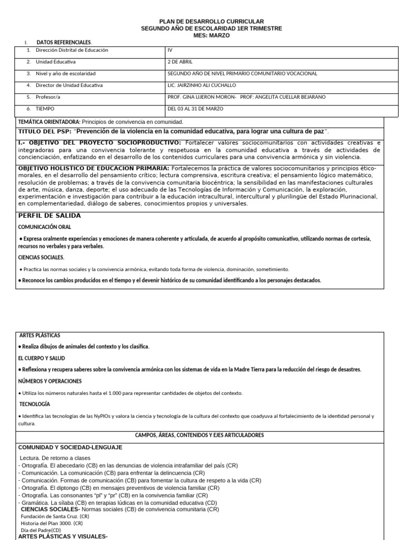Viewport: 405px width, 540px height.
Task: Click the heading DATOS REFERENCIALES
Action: [63, 42]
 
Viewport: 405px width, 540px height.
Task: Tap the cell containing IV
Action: [170, 50]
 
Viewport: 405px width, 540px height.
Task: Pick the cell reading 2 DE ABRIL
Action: [180, 62]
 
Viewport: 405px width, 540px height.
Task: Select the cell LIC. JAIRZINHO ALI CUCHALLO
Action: [202, 85]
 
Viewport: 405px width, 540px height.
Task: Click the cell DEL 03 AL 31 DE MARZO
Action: [195, 109]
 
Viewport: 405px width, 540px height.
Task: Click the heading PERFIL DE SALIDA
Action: [50, 216]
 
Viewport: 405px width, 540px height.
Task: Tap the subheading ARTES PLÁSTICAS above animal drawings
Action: [40, 335]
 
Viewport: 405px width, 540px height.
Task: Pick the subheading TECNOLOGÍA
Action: [35, 403]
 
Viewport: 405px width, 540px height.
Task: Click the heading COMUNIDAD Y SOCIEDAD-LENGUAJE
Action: [70, 447]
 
